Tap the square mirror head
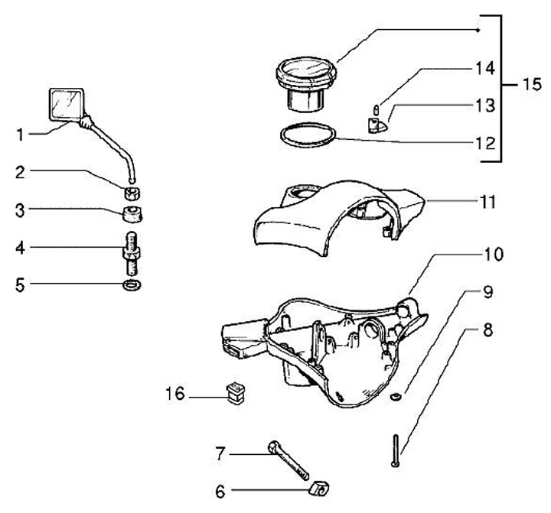pyautogui.click(x=66, y=104)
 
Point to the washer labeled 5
pyautogui.click(x=133, y=286)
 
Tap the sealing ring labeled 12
pyautogui.click(x=306, y=135)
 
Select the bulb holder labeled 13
pyautogui.click(x=376, y=125)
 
